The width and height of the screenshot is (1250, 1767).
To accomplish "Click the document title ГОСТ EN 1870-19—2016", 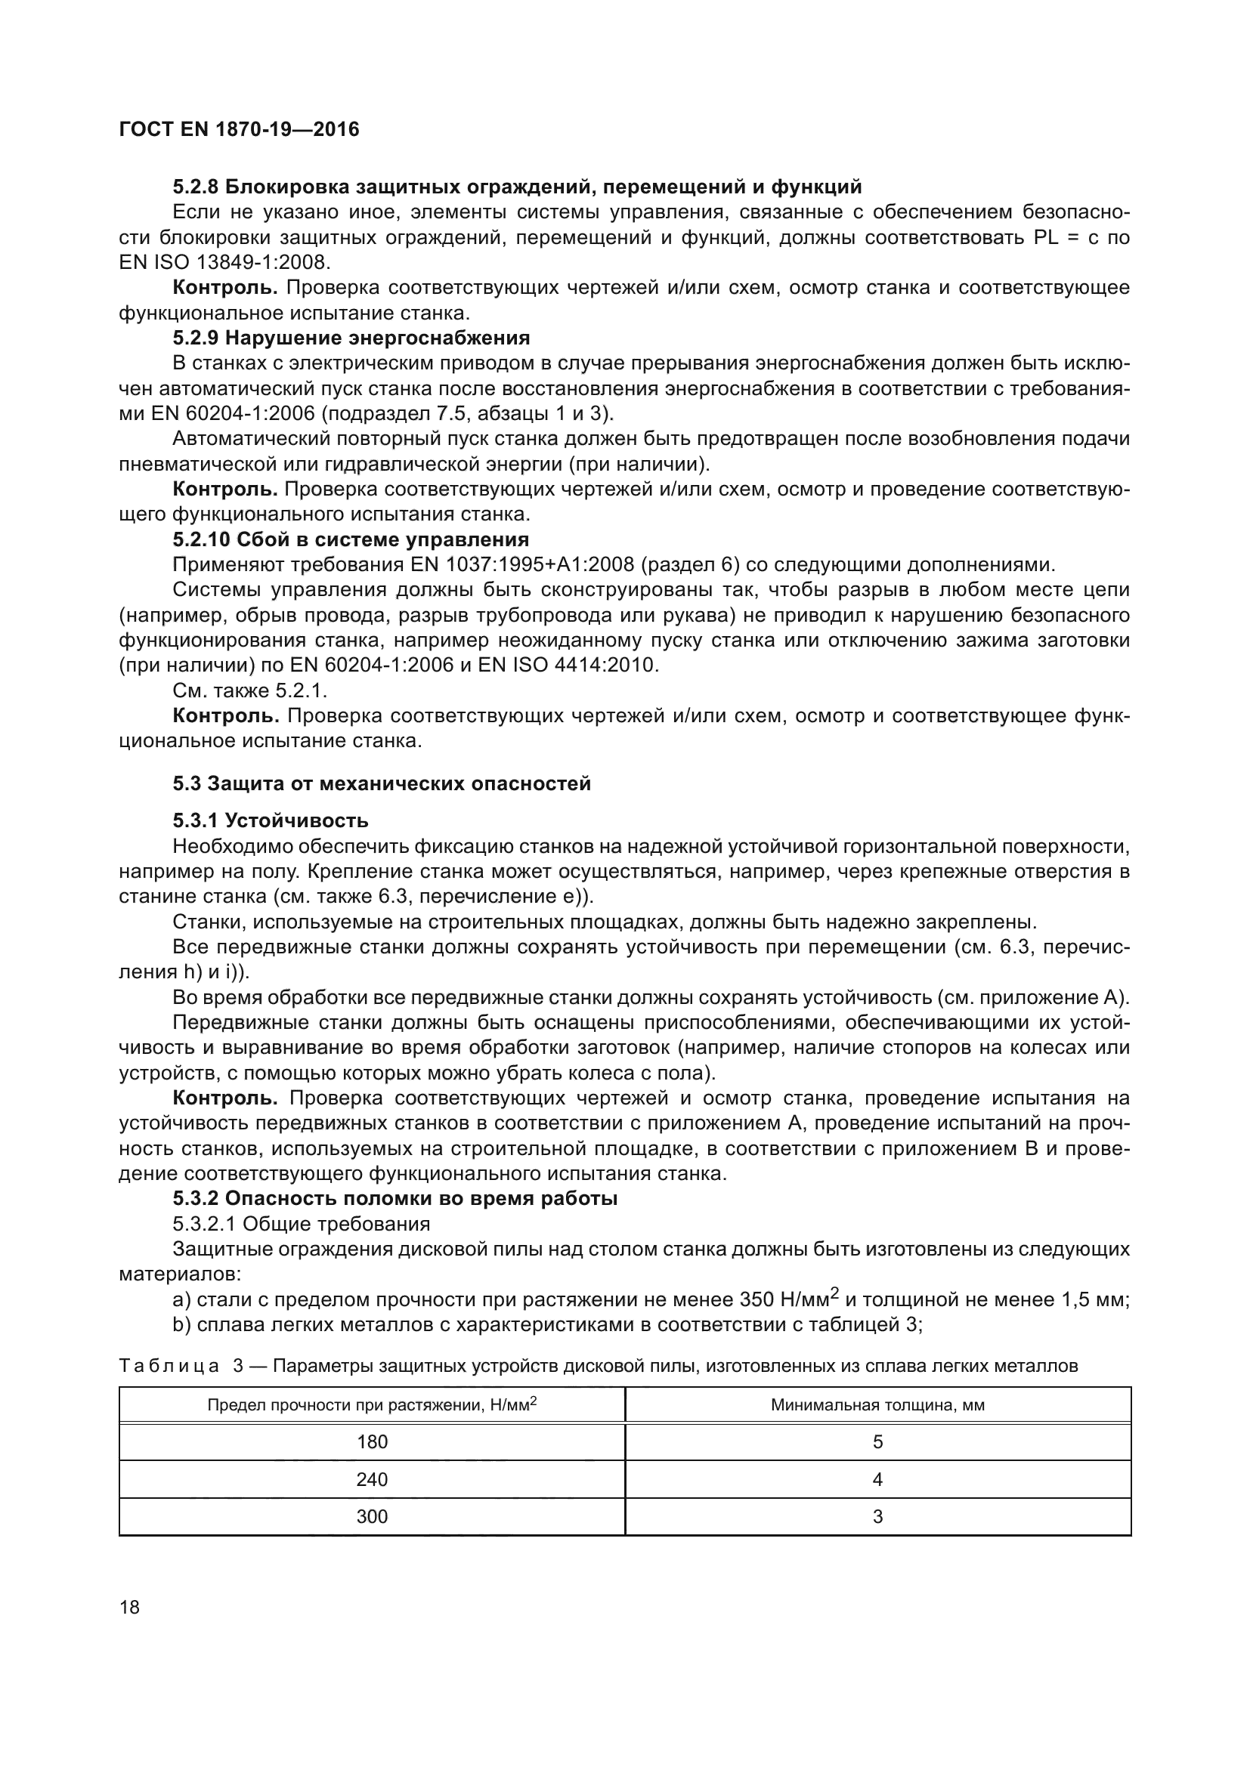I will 240,129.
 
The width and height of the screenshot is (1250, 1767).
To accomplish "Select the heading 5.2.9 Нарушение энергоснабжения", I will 351,338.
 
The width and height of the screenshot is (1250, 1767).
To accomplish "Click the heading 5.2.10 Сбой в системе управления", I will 351,539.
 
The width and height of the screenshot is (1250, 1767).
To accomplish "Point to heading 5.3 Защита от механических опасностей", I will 382,783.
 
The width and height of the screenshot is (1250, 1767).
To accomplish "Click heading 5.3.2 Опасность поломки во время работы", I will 394,1198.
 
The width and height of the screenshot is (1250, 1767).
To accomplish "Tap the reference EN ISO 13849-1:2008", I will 224,262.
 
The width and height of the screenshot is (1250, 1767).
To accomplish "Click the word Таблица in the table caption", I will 169,1366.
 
